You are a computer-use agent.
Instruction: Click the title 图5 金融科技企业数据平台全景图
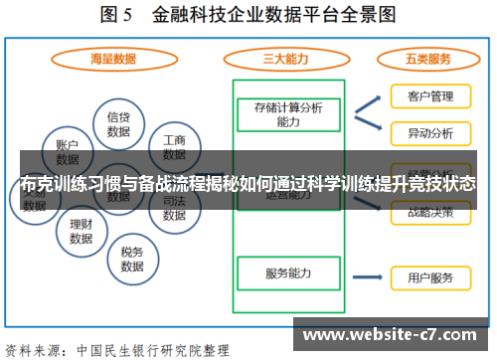[248, 16]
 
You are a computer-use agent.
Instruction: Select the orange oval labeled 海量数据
[112, 59]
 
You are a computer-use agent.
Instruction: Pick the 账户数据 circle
[67, 150]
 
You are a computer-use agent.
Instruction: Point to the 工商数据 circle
[174, 147]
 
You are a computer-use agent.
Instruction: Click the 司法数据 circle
[174, 207]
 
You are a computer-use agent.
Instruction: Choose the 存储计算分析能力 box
[288, 113]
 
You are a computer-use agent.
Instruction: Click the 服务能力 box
[288, 273]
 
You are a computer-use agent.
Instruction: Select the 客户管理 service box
[430, 97]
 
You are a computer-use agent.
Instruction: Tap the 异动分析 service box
[430, 132]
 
